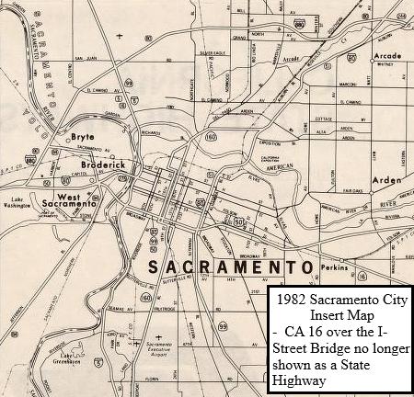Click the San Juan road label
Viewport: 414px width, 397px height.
click(x=86, y=59)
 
